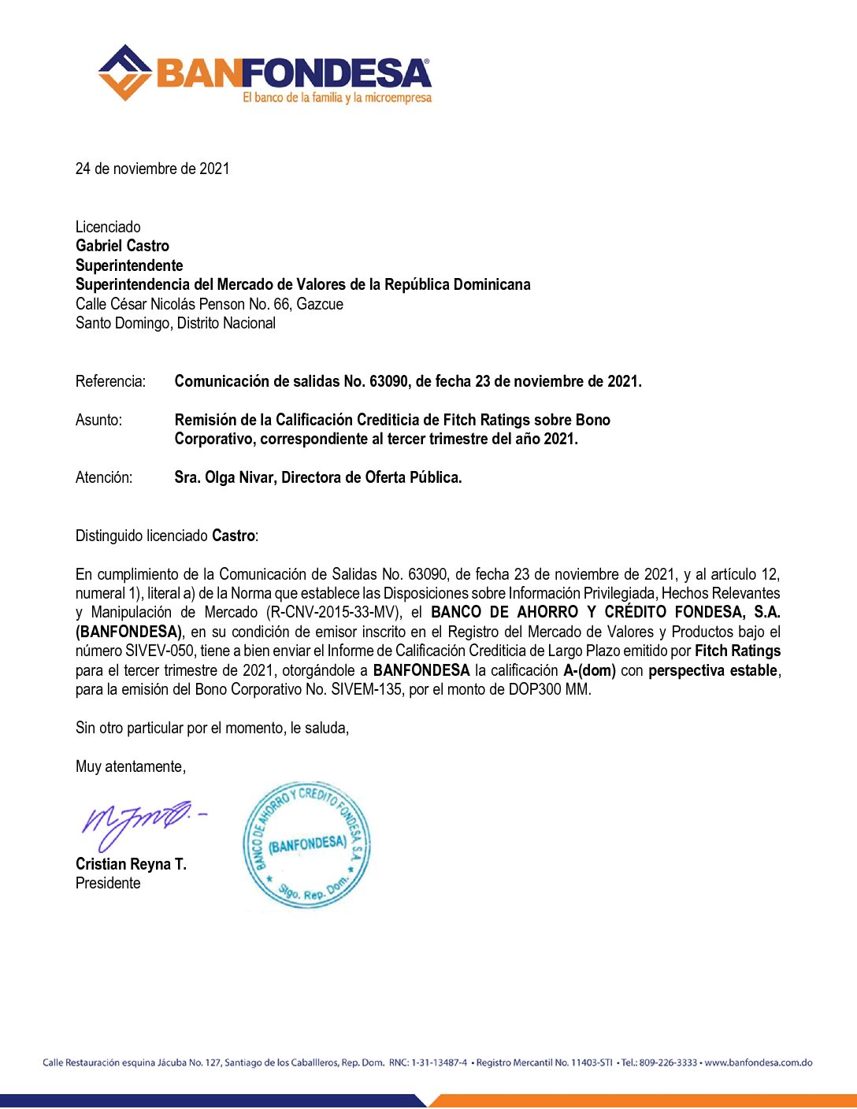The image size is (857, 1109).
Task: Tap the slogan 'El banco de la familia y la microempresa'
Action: (337, 98)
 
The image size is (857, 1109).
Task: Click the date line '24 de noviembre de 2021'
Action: (152, 169)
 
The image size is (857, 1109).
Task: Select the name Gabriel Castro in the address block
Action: (122, 246)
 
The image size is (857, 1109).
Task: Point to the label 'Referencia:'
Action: (110, 381)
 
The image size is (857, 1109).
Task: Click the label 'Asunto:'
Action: (98, 420)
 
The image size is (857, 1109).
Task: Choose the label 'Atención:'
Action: (104, 477)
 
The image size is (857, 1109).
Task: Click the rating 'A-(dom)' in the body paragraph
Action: (589, 670)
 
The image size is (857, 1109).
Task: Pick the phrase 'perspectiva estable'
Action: (713, 670)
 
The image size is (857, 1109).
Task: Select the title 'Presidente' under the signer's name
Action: (108, 883)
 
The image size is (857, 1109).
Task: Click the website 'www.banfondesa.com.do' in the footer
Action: (758, 1063)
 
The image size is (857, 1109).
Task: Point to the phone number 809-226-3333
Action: (668, 1063)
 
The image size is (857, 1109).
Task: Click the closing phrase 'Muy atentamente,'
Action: (131, 766)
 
